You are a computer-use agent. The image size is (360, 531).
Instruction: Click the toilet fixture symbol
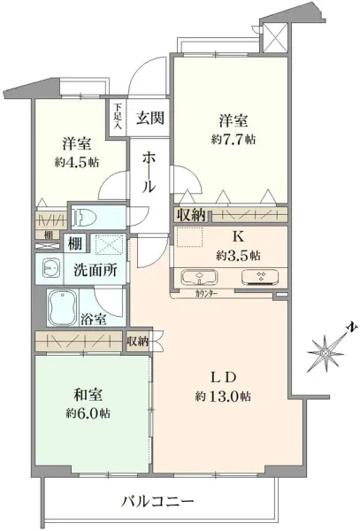tap(86, 219)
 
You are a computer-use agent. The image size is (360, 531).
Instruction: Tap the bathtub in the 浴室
tap(65, 307)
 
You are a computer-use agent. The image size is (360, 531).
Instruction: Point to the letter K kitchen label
tap(236, 237)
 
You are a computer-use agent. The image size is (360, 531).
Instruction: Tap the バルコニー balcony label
tap(157, 502)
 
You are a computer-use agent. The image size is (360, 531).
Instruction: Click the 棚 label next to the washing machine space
tap(76, 243)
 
